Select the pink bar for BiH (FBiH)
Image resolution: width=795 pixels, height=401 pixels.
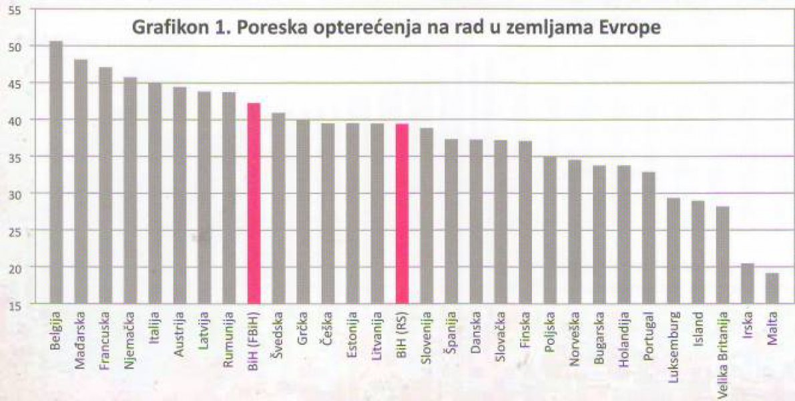(x=254, y=204)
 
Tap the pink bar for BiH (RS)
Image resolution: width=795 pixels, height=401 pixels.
(x=402, y=214)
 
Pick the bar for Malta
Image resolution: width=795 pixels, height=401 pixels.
(x=772, y=288)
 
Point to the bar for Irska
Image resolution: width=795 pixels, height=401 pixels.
(x=747, y=283)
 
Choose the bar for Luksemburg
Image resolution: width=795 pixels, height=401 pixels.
(x=673, y=251)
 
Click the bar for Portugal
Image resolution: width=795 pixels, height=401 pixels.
(x=648, y=238)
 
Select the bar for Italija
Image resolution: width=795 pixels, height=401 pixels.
(x=155, y=194)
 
